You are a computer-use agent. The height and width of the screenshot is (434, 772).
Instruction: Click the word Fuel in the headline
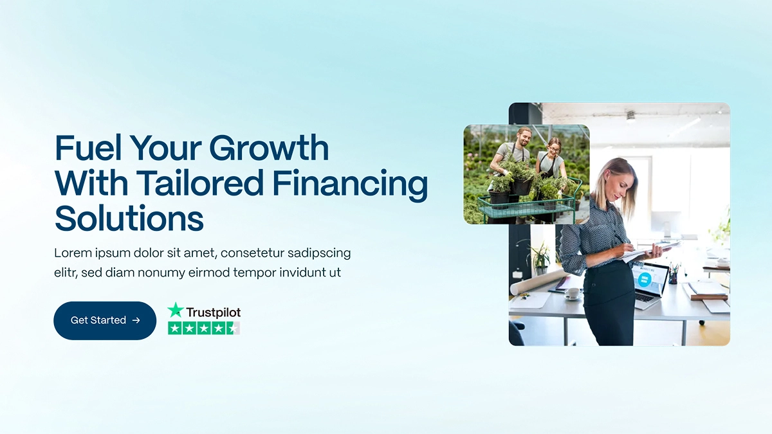coord(89,149)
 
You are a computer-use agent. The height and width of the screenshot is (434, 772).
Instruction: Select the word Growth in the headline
coord(269,149)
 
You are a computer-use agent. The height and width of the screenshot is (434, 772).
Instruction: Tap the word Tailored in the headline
coord(203,183)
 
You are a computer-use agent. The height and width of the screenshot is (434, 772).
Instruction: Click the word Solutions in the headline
coord(129,218)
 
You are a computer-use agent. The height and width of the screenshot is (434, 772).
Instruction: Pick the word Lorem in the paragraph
coord(72,253)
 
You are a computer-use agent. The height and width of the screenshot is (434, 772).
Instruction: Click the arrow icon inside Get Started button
coord(136,320)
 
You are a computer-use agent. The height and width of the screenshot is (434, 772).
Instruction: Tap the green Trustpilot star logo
coord(176,311)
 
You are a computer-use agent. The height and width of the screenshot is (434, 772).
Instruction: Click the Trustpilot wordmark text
coord(213,312)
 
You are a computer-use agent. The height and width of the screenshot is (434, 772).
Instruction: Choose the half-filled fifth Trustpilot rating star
coord(234,329)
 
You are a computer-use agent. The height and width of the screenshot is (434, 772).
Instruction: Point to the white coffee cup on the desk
coord(571,293)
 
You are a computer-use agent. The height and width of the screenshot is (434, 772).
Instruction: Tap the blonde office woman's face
coord(622,179)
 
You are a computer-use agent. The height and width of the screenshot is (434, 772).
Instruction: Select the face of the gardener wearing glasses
coord(553,146)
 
